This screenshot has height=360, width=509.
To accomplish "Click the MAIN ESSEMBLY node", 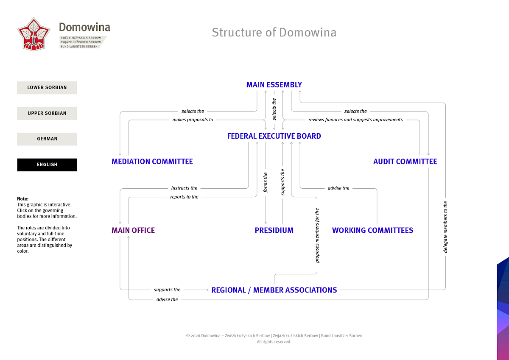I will pyautogui.click(x=274, y=85).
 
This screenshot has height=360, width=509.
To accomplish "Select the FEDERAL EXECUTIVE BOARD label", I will pyautogui.click(x=274, y=136).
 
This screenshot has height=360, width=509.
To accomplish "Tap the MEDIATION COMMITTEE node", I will pyautogui.click(x=152, y=162).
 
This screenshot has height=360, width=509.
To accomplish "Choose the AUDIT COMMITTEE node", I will pyautogui.click(x=405, y=162).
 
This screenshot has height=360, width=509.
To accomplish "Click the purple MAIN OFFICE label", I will pyautogui.click(x=133, y=230).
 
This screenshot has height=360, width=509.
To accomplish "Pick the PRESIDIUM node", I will pyautogui.click(x=274, y=230).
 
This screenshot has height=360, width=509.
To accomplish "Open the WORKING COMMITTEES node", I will pyautogui.click(x=372, y=230).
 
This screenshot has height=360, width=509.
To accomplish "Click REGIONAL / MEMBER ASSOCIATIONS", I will pyautogui.click(x=274, y=290).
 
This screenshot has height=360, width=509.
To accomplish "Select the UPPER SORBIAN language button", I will pyautogui.click(x=47, y=113).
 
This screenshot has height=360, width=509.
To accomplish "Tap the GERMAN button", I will pyautogui.click(x=47, y=139).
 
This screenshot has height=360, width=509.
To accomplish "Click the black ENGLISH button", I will pyautogui.click(x=47, y=165).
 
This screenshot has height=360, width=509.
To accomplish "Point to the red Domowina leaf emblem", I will pyautogui.click(x=34, y=34).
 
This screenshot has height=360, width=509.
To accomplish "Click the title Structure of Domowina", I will pyautogui.click(x=274, y=32).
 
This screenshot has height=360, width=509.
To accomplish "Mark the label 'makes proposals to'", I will pyautogui.click(x=193, y=120).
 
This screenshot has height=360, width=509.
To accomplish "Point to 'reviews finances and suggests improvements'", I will pyautogui.click(x=355, y=120).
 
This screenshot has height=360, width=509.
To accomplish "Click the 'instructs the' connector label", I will pyautogui.click(x=184, y=188).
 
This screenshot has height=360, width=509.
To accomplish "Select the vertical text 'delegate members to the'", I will pyautogui.click(x=445, y=227).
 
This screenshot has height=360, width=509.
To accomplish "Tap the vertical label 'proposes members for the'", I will pyautogui.click(x=317, y=236).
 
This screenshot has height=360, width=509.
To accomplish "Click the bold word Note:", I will pyautogui.click(x=22, y=199).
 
